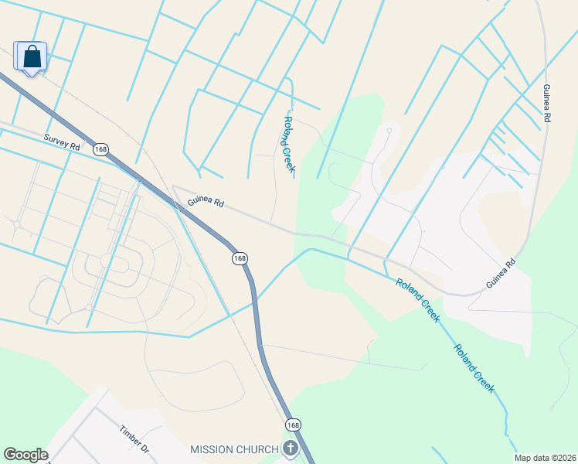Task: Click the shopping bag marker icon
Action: pos(31,56)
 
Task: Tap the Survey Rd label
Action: pos(63,141)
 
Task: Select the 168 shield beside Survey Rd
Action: pos(100,148)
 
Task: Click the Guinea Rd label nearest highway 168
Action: pos(206,203)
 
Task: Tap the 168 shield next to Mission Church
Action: pos(293,425)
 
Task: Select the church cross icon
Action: pos(290,449)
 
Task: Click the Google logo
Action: pos(25,455)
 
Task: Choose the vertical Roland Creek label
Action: pos(289,145)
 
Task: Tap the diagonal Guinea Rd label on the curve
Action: pos(501,275)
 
